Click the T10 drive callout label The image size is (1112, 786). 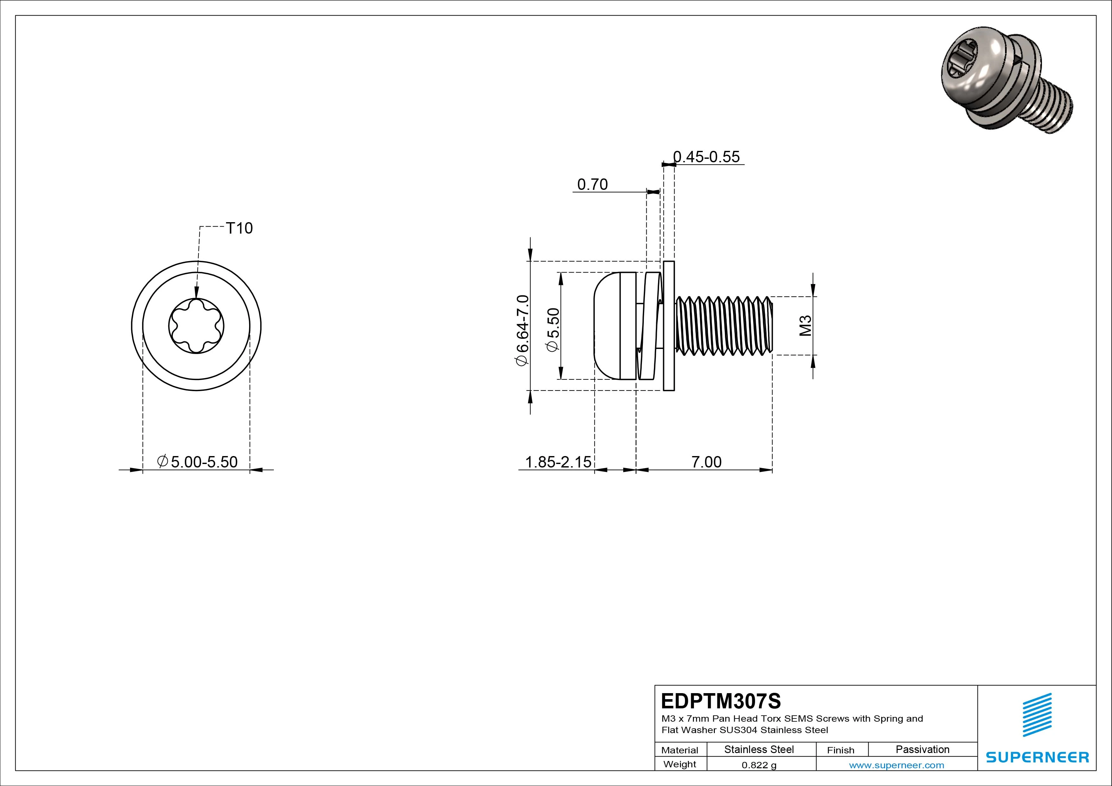pos(239,228)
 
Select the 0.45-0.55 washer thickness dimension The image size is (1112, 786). pos(707,157)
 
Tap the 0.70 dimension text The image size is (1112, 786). pos(592,184)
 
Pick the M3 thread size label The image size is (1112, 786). pos(805,325)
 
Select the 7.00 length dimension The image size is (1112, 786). pos(706,462)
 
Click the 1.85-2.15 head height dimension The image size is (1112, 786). pos(558,462)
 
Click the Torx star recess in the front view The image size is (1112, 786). pos(196,326)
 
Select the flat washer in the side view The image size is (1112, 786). pos(669,325)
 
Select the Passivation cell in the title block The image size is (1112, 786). pos(922,750)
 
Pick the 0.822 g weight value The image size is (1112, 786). pos(759,765)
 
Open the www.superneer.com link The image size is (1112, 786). pos(896,765)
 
